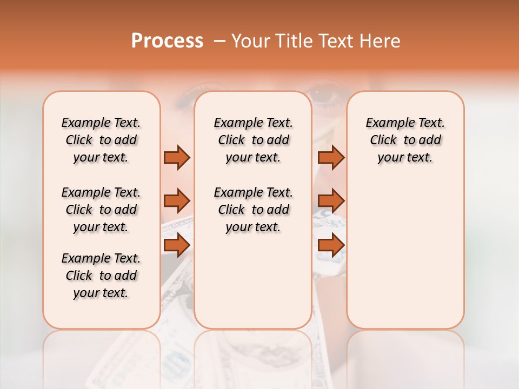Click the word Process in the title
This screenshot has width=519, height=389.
[x=167, y=41]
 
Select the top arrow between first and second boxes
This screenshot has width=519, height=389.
[x=177, y=157]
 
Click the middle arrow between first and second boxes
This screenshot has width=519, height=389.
[x=177, y=201]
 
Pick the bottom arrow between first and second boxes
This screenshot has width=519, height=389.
[x=177, y=246]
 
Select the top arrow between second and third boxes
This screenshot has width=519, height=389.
[x=331, y=157]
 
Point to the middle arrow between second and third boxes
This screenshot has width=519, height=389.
[x=331, y=201]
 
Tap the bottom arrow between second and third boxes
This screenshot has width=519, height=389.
[x=331, y=246]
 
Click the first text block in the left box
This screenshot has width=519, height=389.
[x=101, y=140]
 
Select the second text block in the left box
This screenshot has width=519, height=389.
[x=101, y=210]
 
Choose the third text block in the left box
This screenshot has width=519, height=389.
[x=101, y=276]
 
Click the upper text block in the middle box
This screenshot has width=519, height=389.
[x=253, y=140]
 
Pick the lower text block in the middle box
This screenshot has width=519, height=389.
[x=253, y=210]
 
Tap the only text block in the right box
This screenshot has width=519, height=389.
[x=405, y=140]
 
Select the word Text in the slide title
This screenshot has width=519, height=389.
[x=336, y=41]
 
